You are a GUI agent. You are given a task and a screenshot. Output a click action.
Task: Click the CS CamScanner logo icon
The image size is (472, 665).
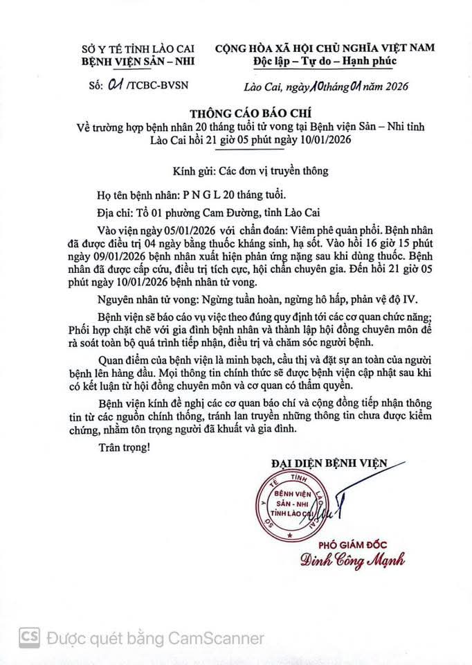coord(28,637)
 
